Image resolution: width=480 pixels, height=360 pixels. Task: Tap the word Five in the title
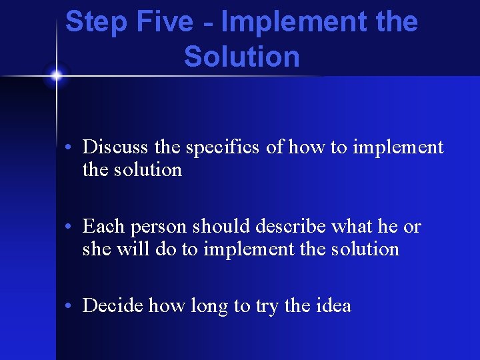click(165, 22)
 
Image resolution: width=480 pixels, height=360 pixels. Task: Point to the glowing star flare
click(56, 75)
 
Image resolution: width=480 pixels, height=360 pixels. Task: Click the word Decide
click(113, 306)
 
